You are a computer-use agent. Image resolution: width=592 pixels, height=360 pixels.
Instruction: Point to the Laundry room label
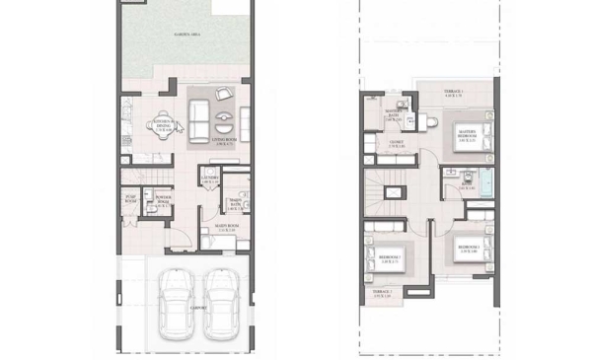(x=209, y=180)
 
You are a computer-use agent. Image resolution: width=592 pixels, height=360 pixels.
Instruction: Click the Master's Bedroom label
(x=467, y=138)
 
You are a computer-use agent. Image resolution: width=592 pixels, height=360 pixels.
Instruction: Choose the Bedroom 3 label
(x=391, y=258)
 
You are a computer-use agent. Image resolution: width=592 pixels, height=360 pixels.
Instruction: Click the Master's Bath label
(x=393, y=115)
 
